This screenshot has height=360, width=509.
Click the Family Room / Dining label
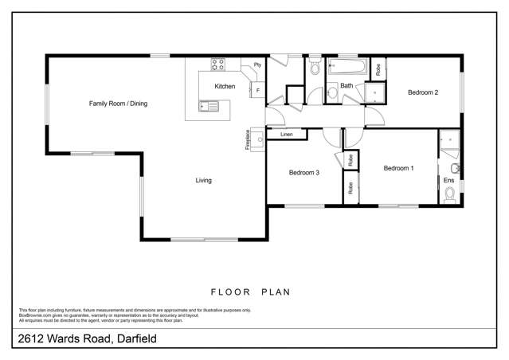pyautogui.click(x=118, y=104)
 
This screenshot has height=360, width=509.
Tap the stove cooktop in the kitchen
pyautogui.click(x=218, y=65)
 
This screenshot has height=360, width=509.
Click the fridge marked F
pyautogui.click(x=258, y=91)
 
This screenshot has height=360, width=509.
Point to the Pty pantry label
pyautogui.click(x=257, y=65)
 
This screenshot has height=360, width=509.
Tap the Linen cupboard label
pyautogui.click(x=287, y=135)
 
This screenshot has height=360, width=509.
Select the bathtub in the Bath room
pyautogui.click(x=347, y=67)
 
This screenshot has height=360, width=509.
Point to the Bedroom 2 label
pyautogui.click(x=423, y=92)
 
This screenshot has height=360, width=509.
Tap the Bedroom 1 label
pyautogui.click(x=398, y=168)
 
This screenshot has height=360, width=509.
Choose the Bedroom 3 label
pyautogui.click(x=303, y=173)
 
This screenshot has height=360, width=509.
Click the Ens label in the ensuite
pyautogui.click(x=448, y=181)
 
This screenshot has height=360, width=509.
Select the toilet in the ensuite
pyautogui.click(x=455, y=169)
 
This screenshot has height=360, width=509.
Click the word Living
pyautogui.click(x=204, y=181)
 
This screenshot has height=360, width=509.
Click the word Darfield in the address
pyautogui.click(x=135, y=339)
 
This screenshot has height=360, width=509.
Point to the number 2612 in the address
pyautogui.click(x=32, y=339)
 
